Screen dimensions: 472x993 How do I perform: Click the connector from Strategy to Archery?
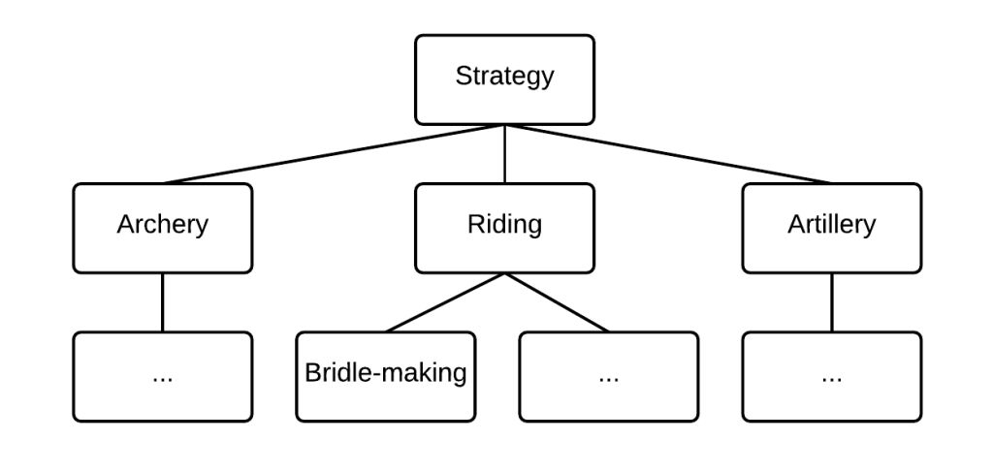(335, 154)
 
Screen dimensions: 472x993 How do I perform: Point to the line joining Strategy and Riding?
(504, 154)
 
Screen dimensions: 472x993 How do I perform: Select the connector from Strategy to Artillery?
(669, 154)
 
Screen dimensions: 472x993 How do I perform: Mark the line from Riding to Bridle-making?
(445, 302)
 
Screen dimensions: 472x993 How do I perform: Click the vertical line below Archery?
(163, 302)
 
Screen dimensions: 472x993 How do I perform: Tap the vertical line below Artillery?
(832, 302)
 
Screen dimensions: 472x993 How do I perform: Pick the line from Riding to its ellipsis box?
(557, 302)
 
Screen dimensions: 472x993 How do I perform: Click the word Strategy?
(504, 77)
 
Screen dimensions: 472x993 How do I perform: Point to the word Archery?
(163, 225)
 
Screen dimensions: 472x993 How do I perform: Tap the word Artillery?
(832, 225)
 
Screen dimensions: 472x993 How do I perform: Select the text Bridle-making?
(386, 373)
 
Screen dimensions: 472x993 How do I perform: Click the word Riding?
(504, 225)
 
